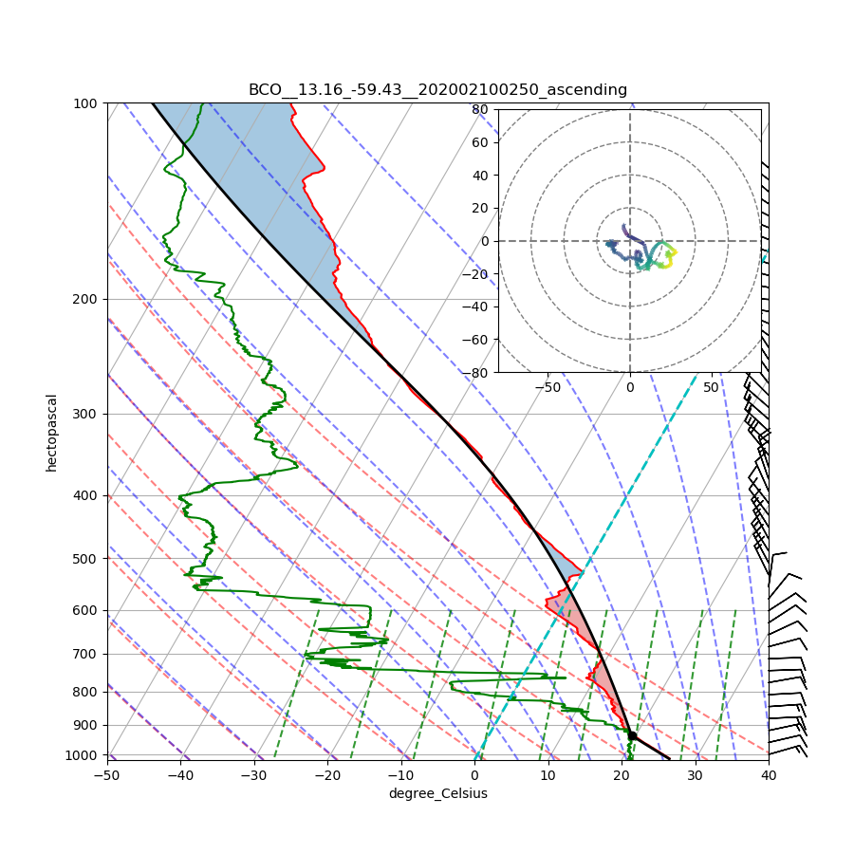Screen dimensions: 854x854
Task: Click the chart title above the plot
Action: [x=437, y=90]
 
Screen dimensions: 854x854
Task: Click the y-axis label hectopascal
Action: [x=52, y=432]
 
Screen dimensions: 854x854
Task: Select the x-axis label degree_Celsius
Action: [x=437, y=793]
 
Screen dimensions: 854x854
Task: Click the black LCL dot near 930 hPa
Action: [x=632, y=735]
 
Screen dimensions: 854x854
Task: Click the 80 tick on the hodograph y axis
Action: [x=480, y=109]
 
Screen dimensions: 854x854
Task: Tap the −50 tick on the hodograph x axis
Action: [x=548, y=387]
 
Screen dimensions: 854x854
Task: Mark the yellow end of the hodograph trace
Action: [x=674, y=251]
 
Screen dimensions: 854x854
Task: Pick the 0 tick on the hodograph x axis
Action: [x=629, y=387]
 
